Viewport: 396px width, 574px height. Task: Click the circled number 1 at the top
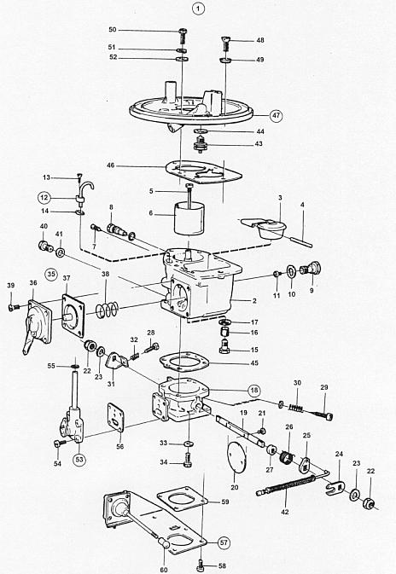point(199,8)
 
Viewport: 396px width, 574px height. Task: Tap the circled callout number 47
point(276,116)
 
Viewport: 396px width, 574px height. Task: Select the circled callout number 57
point(224,542)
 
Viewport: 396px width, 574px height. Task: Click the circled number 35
point(51,274)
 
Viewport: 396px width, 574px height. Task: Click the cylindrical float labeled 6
point(189,219)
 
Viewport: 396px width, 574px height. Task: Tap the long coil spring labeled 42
point(286,486)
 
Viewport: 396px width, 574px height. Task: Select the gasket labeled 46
point(203,171)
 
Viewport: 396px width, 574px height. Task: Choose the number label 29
point(324,387)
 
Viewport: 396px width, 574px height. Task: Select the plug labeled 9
point(310,269)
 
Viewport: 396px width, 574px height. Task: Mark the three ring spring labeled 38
point(107,310)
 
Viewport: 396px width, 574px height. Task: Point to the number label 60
point(164,570)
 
